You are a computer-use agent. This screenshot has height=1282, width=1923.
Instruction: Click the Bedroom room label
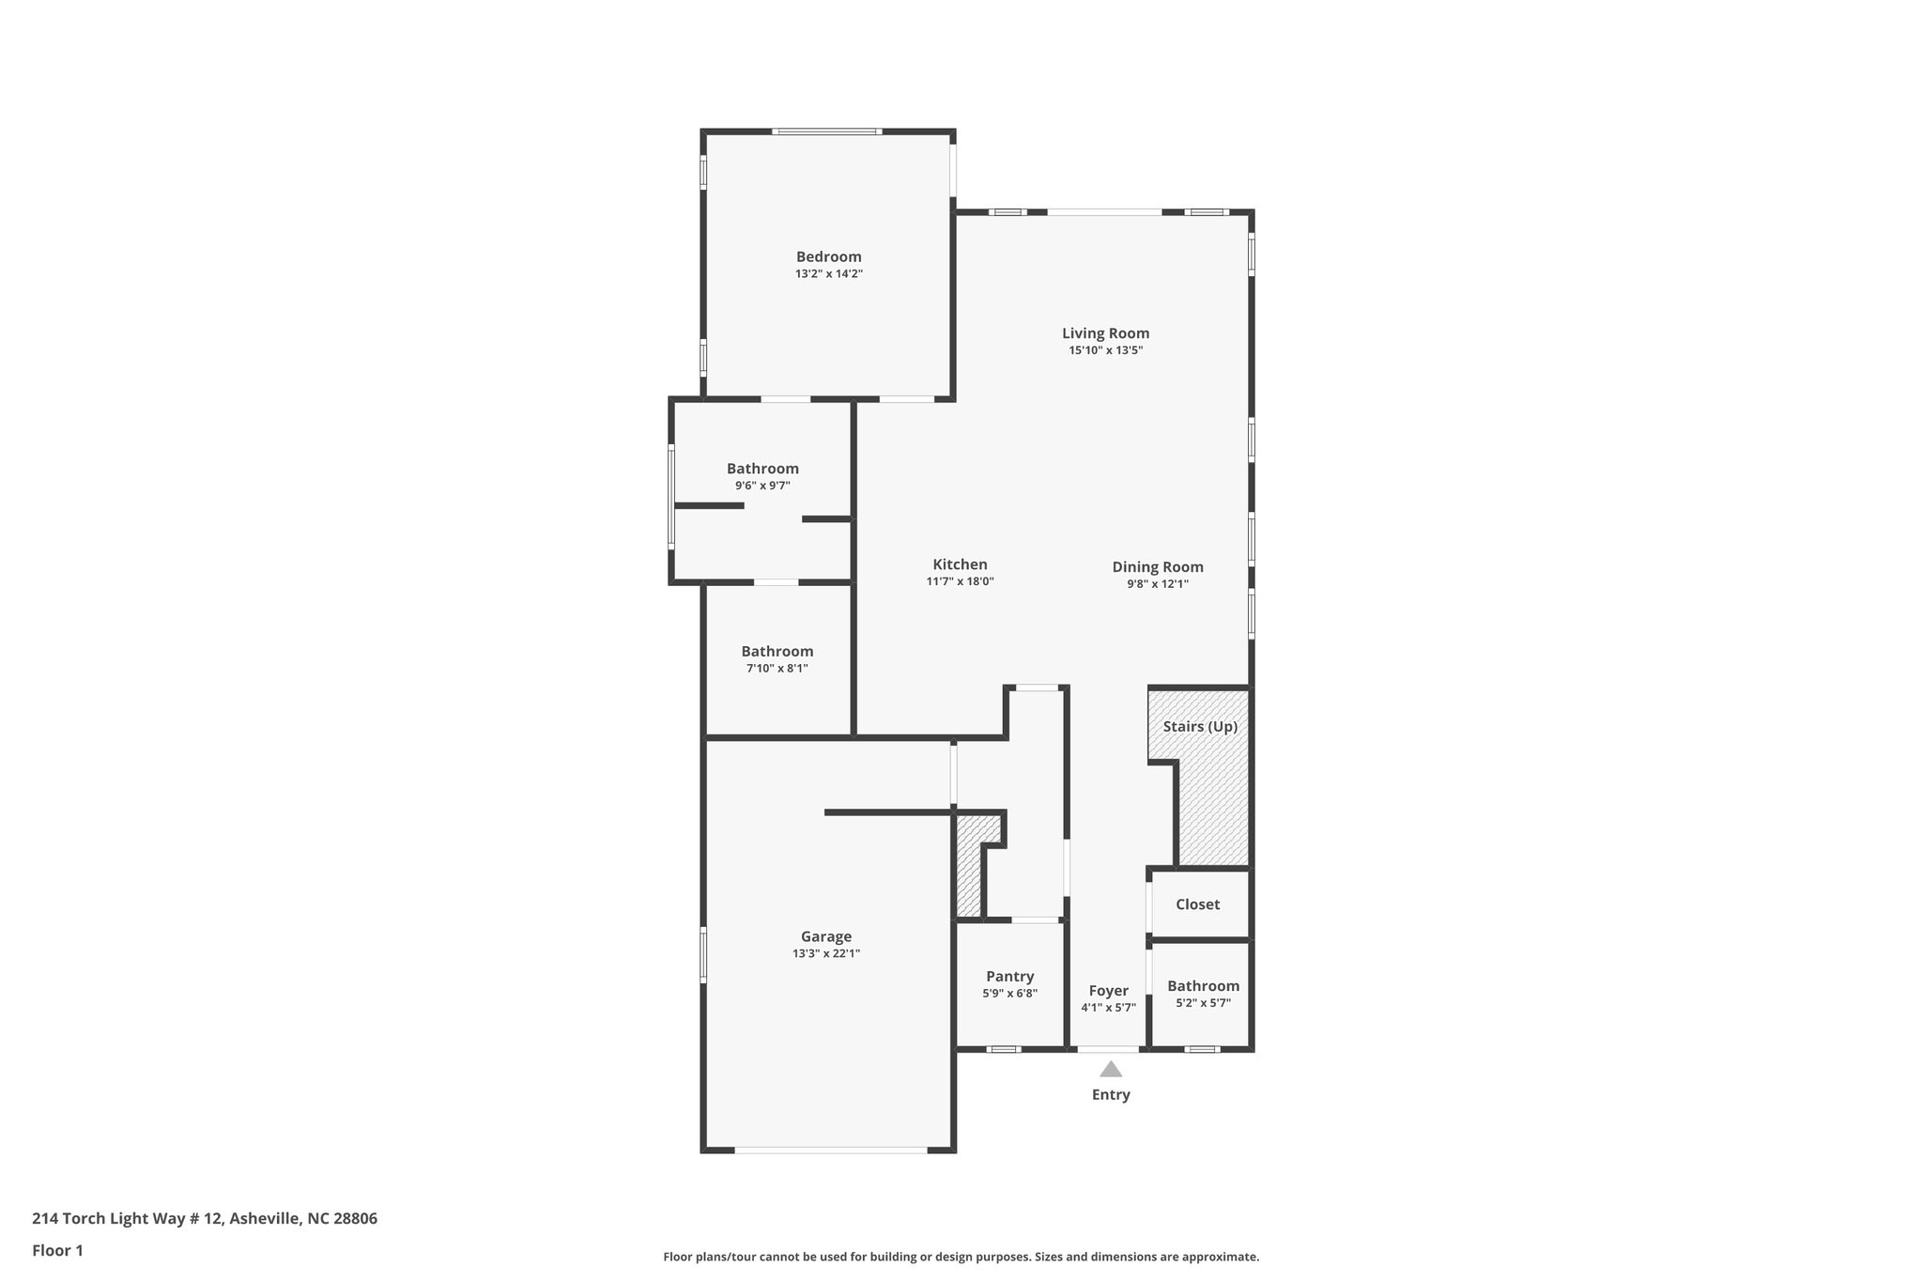[828, 256]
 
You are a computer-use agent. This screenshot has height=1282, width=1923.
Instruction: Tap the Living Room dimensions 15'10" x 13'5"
[1105, 350]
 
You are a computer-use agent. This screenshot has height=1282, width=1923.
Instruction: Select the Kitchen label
[960, 564]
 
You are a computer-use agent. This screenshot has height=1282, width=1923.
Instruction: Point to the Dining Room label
[1157, 566]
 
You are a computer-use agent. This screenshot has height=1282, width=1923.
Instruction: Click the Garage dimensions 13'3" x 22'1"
[825, 953]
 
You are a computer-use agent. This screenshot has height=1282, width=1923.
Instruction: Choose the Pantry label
[1009, 976]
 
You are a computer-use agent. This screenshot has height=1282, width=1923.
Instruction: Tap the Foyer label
[1108, 990]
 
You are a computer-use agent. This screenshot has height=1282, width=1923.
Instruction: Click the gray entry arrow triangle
[1111, 1069]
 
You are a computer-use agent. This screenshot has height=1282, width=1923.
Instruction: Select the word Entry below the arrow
[1111, 1094]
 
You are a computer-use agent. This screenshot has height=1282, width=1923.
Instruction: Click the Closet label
[1197, 904]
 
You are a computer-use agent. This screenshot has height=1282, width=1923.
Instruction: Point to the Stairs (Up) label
[1200, 726]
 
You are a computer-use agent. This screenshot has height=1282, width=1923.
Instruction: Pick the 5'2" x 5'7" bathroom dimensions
[1203, 1003]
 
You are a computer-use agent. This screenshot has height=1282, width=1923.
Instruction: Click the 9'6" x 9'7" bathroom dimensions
[762, 486]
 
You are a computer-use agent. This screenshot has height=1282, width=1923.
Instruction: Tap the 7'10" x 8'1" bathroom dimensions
[777, 668]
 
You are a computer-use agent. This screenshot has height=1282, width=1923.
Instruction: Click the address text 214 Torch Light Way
[205, 1218]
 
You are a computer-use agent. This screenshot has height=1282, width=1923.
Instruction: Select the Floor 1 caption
[57, 1250]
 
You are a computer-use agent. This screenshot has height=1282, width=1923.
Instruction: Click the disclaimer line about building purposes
[961, 1257]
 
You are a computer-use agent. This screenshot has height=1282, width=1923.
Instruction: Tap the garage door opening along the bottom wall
[830, 1150]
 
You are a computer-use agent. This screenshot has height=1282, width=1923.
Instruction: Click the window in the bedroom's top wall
[826, 131]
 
